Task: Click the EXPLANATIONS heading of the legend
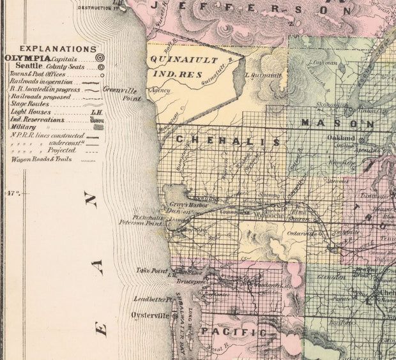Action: pos(57,49)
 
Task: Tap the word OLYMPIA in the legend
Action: pos(25,58)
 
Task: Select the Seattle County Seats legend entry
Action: pos(28,66)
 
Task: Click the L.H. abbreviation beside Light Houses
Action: pos(96,112)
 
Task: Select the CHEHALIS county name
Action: pos(227,140)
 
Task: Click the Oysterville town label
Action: pos(150,315)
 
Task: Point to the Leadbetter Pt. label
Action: pos(152,299)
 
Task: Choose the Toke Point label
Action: pos(151,271)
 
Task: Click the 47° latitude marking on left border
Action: pos(11,192)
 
